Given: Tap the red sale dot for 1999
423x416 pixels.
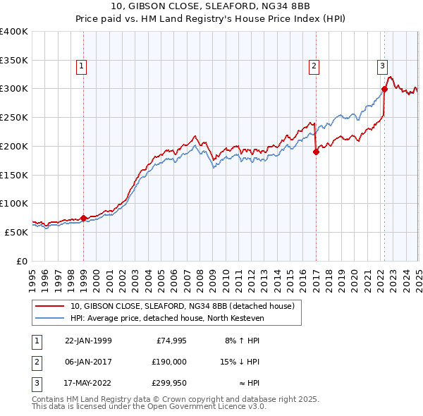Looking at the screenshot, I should click(x=84, y=218).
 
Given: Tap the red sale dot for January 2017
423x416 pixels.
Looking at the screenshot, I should click(x=315, y=152).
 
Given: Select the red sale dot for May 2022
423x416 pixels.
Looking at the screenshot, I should click(x=384, y=89).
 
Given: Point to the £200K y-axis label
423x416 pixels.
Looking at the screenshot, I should click(x=13, y=146).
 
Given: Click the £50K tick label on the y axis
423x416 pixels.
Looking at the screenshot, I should click(x=16, y=232).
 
